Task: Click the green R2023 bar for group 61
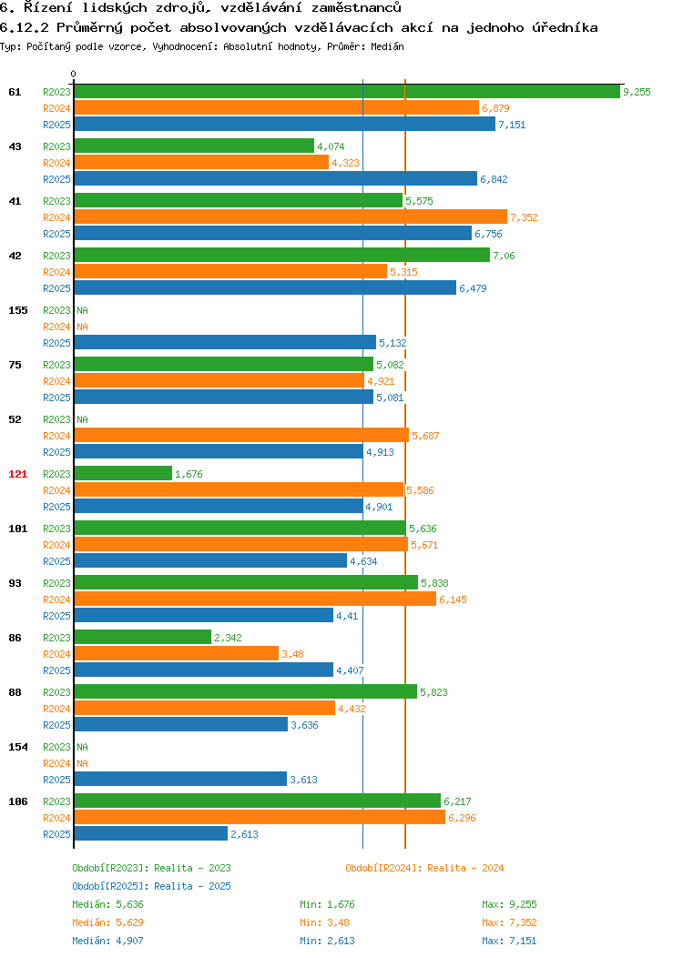point(347,92)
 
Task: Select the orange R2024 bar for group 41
point(291,217)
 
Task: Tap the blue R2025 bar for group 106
point(151,833)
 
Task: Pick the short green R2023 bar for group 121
point(124,473)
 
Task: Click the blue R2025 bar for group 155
point(226,342)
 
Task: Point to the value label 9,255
point(637,92)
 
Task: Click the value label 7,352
point(524,217)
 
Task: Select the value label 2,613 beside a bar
point(244,834)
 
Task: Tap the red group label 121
point(17,474)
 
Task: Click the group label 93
point(15,583)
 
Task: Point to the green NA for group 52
point(83,420)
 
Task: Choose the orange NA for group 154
point(83,763)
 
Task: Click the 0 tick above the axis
point(74,75)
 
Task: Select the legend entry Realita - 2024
point(465,868)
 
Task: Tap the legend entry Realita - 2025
point(192,886)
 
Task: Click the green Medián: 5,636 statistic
point(108,904)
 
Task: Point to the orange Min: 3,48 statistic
point(324,922)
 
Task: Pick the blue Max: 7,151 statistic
point(509,942)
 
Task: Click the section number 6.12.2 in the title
point(25,27)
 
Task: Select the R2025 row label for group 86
point(56,670)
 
